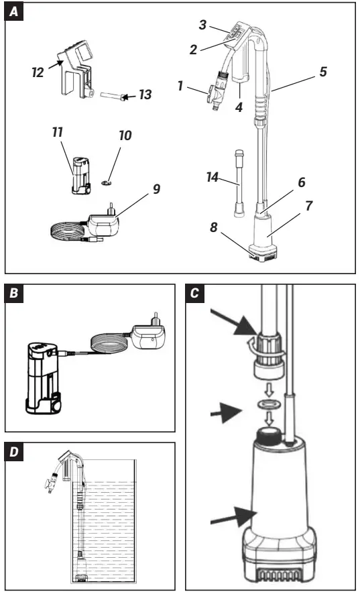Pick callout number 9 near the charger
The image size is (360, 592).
pos(156,188)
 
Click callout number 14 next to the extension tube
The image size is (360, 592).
pos(214,178)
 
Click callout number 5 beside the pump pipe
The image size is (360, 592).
pos(323,70)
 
